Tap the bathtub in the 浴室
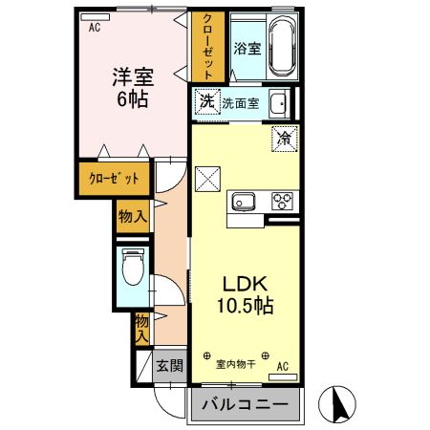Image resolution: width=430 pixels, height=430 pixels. [282, 48]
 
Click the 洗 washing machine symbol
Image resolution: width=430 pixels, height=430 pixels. [205, 101]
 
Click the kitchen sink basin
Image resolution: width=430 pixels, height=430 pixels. [242, 201]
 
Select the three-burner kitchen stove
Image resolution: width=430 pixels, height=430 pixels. [282, 201]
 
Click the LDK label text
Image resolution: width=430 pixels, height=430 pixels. [249, 283]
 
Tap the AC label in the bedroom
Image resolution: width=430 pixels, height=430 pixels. [94, 28]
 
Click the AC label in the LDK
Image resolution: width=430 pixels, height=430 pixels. [283, 365]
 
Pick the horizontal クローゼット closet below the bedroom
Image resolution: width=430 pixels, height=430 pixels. [114, 178]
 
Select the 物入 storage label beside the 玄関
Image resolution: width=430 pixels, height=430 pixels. [141, 327]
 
